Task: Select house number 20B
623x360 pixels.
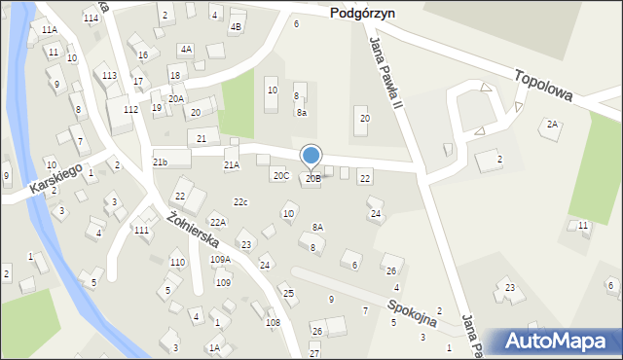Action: [x=312, y=178]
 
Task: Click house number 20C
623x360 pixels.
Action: [x=280, y=176]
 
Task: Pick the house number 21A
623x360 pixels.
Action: [x=232, y=165]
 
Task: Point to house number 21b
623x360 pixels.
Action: [x=160, y=162]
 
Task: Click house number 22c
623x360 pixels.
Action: [x=240, y=201]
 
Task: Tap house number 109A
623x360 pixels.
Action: [x=221, y=259]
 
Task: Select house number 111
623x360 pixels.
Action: [x=141, y=230]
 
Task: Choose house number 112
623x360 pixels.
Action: [x=129, y=109]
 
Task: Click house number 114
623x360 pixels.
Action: [x=91, y=18]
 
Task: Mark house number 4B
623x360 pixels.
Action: [x=235, y=27]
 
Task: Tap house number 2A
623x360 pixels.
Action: [x=552, y=125]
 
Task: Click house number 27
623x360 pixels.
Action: [x=313, y=352]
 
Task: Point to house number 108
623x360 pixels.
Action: [x=273, y=322]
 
